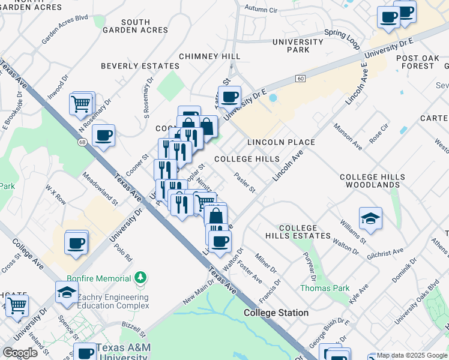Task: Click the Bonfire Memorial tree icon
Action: tap(140, 278)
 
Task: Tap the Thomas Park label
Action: tap(325, 289)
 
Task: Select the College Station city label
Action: tap(276, 313)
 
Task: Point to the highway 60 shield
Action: tap(301, 79)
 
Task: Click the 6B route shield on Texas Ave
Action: tap(82, 142)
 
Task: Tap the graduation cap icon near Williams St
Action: tap(370, 218)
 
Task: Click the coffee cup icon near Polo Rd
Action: tap(76, 243)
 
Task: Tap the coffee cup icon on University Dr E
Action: tap(228, 97)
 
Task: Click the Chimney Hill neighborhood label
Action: tap(209, 56)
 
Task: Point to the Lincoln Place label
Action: tap(281, 142)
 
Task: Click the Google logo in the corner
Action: tap(20, 352)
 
